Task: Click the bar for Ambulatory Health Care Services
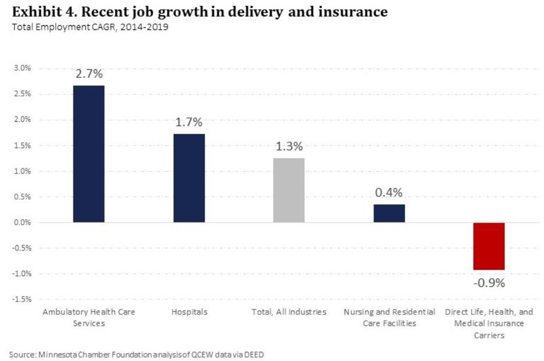click(x=89, y=154)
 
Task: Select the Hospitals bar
click(x=189, y=178)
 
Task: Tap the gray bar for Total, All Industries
click(x=289, y=190)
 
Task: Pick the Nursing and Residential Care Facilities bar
click(x=389, y=213)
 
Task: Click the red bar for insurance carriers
click(x=489, y=246)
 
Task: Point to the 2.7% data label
click(x=89, y=75)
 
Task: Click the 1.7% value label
click(x=189, y=123)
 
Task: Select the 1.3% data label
click(x=289, y=146)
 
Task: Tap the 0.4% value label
click(x=389, y=193)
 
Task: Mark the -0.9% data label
click(x=489, y=283)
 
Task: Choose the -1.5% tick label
click(x=23, y=299)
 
